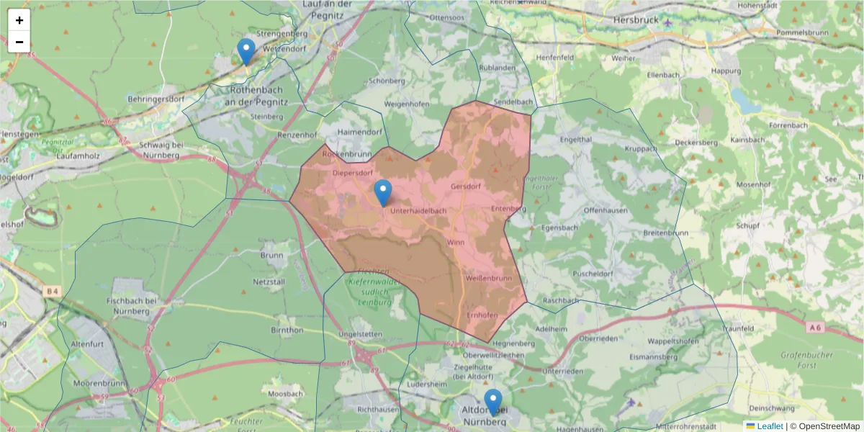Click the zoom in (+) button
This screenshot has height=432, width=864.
point(19,20)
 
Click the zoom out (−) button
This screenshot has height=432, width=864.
point(19,42)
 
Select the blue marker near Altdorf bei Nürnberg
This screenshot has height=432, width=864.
point(492,402)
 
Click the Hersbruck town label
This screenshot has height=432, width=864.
point(636,20)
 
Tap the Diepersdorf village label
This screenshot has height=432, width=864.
point(352,173)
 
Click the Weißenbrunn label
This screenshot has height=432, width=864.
point(488,278)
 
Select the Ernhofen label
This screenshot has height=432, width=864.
point(482,315)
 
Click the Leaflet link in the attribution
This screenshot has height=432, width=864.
point(770,426)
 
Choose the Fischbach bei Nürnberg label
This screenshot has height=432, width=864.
point(131,305)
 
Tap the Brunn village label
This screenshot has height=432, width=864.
point(271,256)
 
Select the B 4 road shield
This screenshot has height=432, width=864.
point(51,291)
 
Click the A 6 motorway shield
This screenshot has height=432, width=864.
point(814,328)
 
